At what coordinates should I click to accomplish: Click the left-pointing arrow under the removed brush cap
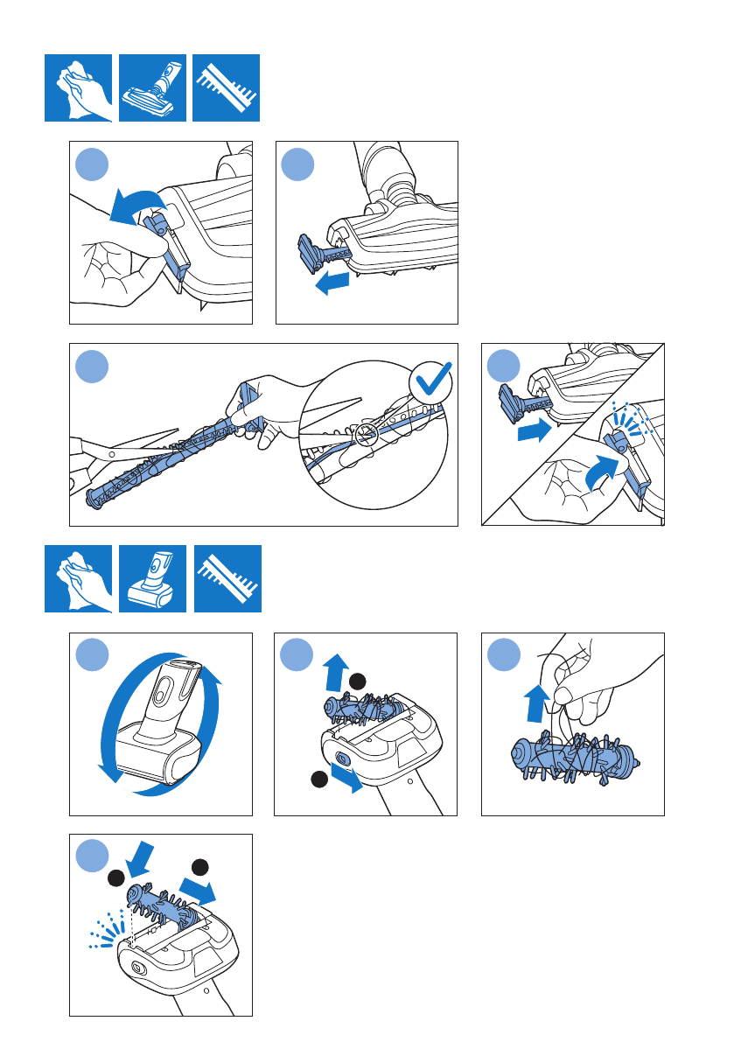332,283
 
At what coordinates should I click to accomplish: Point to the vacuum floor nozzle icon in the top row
153,87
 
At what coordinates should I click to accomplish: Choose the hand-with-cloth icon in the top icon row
79,87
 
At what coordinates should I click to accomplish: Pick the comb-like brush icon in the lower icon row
227,578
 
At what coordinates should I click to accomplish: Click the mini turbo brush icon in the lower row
153,578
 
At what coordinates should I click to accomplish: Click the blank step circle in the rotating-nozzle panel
92,655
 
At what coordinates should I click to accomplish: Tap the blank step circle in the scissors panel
92,366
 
